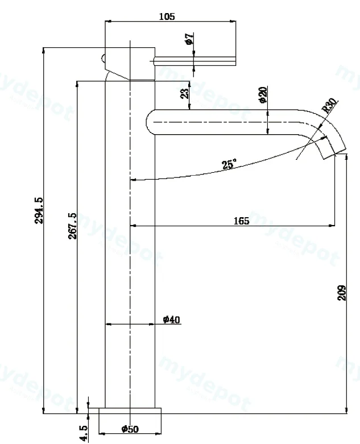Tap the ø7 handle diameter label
189,39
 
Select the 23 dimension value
184,94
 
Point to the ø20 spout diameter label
263,95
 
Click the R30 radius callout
330,105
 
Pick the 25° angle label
229,164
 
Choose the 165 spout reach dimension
241,221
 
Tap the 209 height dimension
342,293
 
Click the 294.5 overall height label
39,211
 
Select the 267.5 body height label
72,226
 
